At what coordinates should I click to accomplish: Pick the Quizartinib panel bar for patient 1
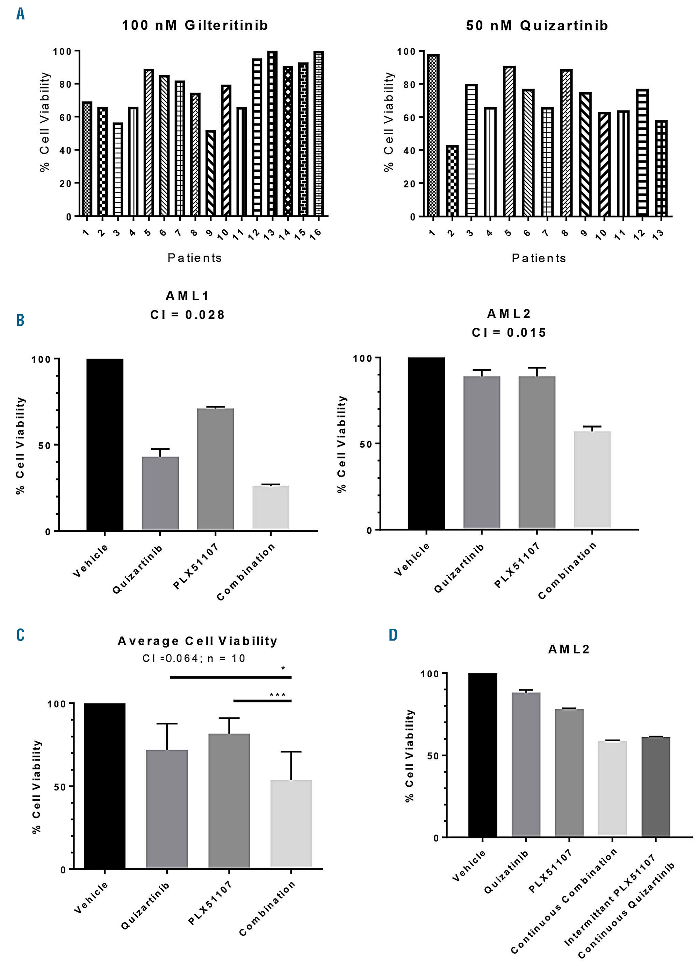pos(433,135)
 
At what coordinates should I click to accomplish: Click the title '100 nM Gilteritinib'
pos(195,25)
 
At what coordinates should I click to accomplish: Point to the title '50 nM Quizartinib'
pos(537,26)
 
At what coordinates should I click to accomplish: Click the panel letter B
pos(20,320)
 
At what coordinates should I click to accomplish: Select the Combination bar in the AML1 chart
pos(271,508)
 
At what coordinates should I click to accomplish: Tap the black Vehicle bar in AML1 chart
pos(105,445)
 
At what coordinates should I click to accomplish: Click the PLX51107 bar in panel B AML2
pos(537,453)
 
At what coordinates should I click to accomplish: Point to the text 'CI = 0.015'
pos(509,333)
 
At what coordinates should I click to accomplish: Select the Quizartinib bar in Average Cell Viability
pos(167,808)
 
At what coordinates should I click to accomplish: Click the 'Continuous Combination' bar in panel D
pos(612,789)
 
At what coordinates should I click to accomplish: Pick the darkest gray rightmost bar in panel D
pos(656,787)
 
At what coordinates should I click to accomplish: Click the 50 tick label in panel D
pos(433,756)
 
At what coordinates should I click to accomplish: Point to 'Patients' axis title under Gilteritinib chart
pos(194,258)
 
